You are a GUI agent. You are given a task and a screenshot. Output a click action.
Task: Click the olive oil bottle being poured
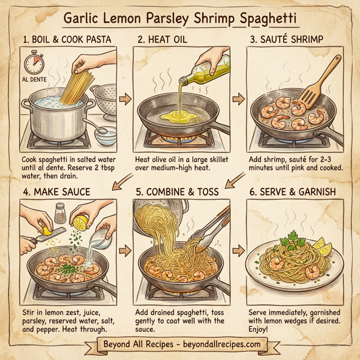tap(210, 70)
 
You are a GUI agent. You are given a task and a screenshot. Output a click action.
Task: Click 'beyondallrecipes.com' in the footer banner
tap(214, 344)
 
